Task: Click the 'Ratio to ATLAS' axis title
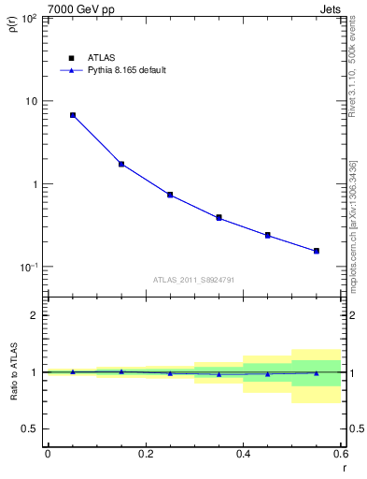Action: pos(12,371)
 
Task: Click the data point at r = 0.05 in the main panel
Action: pos(73,115)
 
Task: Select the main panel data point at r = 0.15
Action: pos(121,164)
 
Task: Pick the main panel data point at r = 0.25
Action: pos(170,195)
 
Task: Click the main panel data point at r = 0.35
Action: pos(219,217)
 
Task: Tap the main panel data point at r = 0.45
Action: pos(267,235)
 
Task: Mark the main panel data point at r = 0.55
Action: pos(317,251)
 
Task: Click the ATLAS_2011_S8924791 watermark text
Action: pos(193,280)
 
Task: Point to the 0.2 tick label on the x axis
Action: pos(145,454)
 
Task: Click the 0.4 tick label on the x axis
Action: pos(243,454)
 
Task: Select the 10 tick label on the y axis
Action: pos(31,101)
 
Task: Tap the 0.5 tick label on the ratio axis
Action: pos(29,428)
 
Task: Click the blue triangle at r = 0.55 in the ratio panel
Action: pos(317,373)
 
